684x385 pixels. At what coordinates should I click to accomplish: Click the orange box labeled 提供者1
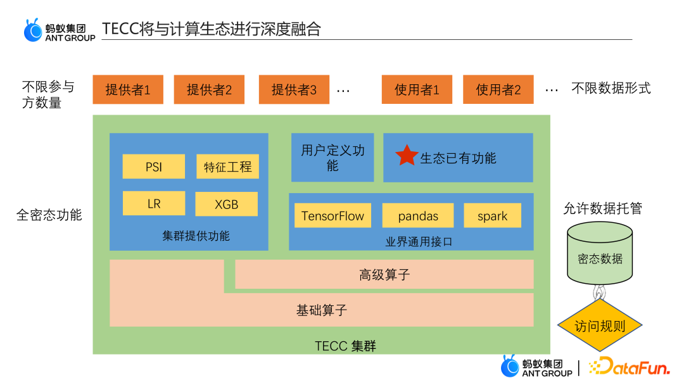click(x=128, y=89)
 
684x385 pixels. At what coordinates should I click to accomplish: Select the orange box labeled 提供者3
click(x=294, y=89)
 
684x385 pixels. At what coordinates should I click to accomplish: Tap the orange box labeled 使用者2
click(x=498, y=89)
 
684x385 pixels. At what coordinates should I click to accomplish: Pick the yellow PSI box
click(x=154, y=167)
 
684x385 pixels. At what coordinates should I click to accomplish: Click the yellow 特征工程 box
click(x=227, y=167)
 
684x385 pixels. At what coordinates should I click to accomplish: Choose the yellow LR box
click(x=154, y=204)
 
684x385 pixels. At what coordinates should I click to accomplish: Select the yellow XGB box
click(x=227, y=204)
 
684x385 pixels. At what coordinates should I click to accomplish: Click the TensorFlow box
click(x=332, y=216)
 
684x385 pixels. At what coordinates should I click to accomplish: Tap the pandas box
click(x=418, y=216)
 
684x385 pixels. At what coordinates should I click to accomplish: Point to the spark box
click(x=492, y=216)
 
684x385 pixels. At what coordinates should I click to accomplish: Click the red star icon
click(x=407, y=155)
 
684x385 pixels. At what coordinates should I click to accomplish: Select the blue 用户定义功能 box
click(x=332, y=158)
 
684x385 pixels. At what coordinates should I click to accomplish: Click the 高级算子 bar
click(x=384, y=274)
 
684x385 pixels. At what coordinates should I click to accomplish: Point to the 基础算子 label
click(x=322, y=310)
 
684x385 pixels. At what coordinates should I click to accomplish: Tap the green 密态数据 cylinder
click(x=600, y=256)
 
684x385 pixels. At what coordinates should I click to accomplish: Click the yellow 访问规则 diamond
click(x=600, y=325)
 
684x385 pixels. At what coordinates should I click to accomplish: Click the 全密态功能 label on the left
click(x=49, y=215)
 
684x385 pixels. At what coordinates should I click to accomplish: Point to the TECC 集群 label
click(x=345, y=346)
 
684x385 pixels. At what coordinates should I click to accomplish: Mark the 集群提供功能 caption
click(x=196, y=236)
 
